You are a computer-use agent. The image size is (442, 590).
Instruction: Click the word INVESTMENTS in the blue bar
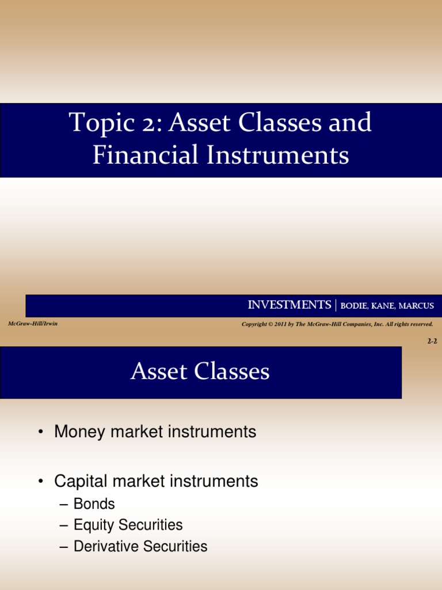289,305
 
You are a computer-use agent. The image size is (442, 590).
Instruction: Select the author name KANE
388,306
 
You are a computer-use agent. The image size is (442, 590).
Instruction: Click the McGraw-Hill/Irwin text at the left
32,324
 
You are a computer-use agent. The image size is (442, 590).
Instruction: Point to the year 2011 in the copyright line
281,324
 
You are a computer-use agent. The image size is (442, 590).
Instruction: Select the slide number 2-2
432,341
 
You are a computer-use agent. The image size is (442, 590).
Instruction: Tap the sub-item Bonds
94,504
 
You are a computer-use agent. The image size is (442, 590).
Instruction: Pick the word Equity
92,525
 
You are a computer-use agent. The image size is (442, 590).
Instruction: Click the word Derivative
105,546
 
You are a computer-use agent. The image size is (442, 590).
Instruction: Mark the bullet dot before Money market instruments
41,432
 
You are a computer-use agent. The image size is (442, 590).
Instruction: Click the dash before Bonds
64,505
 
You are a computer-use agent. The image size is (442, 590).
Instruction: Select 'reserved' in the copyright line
421,324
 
